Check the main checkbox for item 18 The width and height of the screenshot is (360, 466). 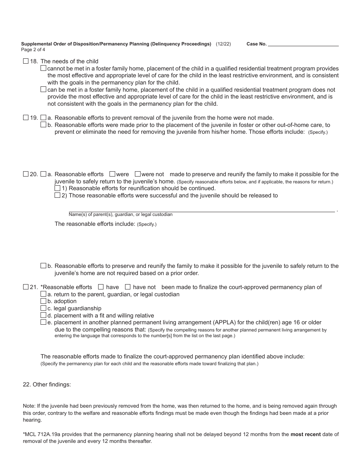[26, 61]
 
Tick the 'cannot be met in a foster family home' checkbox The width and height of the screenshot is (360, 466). [43, 68]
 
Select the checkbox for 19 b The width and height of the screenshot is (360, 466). [43, 125]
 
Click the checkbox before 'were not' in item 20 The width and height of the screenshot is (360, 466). [138, 174]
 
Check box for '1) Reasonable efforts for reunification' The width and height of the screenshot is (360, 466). [57, 188]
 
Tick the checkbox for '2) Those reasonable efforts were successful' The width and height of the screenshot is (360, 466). [57, 195]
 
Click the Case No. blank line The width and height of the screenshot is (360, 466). [303, 44]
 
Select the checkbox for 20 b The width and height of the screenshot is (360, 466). [43, 266]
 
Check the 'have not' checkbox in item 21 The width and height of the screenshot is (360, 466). [128, 287]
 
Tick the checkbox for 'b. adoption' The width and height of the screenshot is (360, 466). [43, 301]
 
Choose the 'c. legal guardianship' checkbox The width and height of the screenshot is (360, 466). [43, 308]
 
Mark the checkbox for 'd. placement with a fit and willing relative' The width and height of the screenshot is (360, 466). [43, 315]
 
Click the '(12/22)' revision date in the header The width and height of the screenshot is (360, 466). [223, 44]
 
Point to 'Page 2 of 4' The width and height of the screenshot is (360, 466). [33, 50]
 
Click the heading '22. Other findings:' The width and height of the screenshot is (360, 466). [47, 384]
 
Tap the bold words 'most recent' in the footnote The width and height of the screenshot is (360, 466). [305, 434]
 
